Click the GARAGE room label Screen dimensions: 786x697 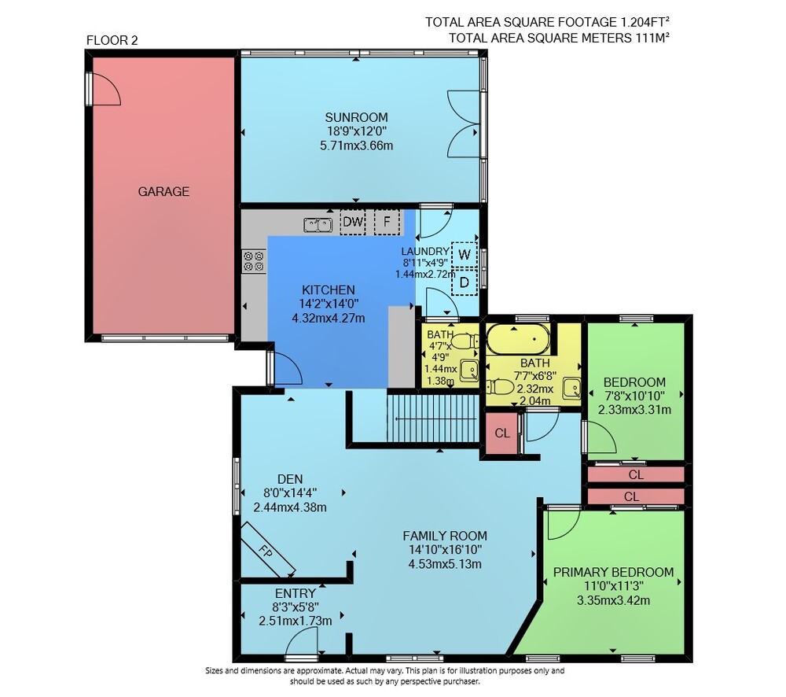pos(163,191)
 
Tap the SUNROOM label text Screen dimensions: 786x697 pos(356,117)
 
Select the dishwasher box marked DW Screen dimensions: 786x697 pos(353,222)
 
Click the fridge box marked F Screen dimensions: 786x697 pos(387,222)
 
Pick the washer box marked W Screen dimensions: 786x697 pos(465,254)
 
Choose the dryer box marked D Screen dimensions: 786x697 pos(465,282)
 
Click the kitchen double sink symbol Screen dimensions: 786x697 pos(318,225)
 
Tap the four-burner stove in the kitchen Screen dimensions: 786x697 pos(254,261)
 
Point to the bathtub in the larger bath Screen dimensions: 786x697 pos(518,339)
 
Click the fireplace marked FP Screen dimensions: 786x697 pos(268,550)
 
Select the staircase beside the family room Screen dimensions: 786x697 pos(433,418)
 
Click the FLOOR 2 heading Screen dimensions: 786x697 pos(112,40)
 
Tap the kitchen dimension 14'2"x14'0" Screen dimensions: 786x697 pos(329,304)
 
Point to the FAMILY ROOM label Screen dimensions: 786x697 pos(445,536)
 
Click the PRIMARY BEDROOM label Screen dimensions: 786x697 pos(613,572)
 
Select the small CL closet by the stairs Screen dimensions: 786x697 pos(501,433)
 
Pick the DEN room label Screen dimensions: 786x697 pos(290,479)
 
